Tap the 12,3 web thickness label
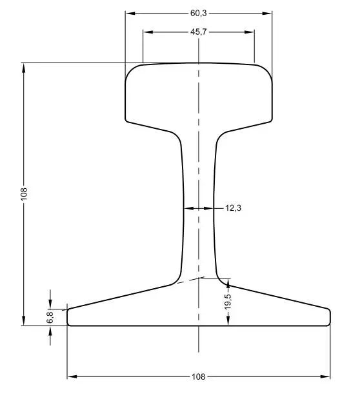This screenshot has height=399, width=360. (x=233, y=208)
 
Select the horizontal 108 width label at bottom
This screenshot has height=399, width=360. (x=199, y=376)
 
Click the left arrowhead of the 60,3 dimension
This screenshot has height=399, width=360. (x=128, y=12)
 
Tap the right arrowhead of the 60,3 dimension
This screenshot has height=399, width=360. (x=268, y=12)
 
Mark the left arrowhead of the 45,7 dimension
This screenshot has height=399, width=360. (x=146, y=31)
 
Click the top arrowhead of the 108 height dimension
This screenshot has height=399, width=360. (x=24, y=66)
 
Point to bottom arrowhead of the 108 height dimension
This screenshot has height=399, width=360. (x=24, y=322)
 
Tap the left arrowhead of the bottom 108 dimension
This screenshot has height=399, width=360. (x=71, y=376)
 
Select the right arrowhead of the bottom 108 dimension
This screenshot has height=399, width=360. (x=326, y=376)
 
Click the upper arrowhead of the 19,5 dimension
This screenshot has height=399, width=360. (x=228, y=282)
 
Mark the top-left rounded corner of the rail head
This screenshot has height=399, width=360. (x=131, y=68)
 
